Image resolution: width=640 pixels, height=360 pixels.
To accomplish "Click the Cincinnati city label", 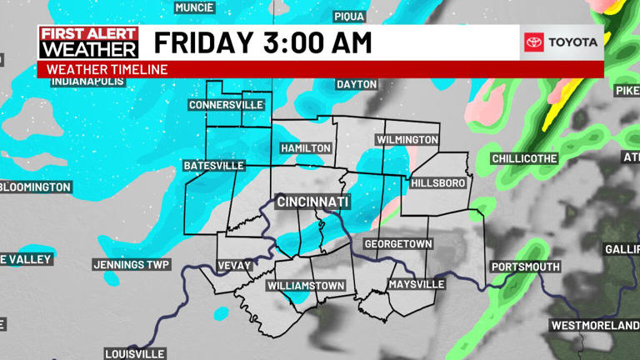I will point(312,202).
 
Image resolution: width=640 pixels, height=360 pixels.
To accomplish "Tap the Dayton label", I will point(357,84).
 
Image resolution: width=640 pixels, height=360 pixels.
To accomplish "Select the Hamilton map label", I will point(306,147).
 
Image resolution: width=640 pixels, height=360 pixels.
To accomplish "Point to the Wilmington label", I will point(407,139).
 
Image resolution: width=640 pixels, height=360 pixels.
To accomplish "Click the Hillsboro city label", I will point(437,182).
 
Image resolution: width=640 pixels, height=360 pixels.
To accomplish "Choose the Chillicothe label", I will point(524,158).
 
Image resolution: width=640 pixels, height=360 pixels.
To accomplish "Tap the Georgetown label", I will point(397,243).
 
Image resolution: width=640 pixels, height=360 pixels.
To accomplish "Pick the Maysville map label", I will point(417,284).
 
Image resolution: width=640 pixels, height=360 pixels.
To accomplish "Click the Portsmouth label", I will point(525,267).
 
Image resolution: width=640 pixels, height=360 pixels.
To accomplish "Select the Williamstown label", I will point(306,286).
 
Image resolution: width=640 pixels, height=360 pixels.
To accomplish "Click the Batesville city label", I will point(214,166).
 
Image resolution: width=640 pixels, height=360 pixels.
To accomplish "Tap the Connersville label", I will point(226,105).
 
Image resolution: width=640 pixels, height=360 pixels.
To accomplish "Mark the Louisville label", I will point(135,353).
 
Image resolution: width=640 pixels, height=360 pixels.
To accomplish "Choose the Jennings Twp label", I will point(131,265).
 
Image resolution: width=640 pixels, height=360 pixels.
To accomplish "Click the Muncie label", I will point(195,7).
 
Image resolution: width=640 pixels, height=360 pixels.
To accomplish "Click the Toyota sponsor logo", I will point(562,42).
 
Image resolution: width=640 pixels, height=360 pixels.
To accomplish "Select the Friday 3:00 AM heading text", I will point(262,42).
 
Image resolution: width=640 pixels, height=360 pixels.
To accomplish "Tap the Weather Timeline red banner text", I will point(107,69).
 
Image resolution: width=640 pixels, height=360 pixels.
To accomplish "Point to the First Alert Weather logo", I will point(88,42).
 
